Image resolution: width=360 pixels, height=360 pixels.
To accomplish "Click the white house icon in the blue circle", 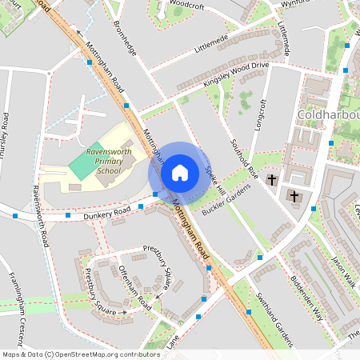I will tap(179, 172).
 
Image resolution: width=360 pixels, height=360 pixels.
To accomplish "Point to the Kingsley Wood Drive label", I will tap(246, 71).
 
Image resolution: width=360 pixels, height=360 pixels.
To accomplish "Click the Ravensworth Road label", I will tap(40, 216).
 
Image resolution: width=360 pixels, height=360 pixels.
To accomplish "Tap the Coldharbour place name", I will tap(328, 117).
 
